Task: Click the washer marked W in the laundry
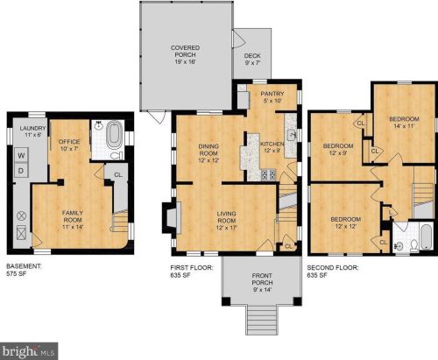(x=21, y=155)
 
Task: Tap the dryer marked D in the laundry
(x=21, y=170)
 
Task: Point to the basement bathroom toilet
(x=116, y=155)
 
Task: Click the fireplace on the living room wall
(x=172, y=217)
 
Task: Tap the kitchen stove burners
(x=268, y=174)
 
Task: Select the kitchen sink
(x=292, y=135)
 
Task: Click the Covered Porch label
(x=185, y=54)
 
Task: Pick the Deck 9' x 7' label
(x=252, y=59)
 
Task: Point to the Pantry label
(x=272, y=97)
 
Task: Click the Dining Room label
(x=208, y=153)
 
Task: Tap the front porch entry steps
(x=261, y=320)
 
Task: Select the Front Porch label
(x=262, y=282)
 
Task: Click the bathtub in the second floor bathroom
(x=426, y=236)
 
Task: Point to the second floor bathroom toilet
(x=413, y=246)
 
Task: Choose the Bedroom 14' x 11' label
(x=404, y=123)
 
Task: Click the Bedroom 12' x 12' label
(x=346, y=222)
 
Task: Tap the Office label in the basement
(x=69, y=145)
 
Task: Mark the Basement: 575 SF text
(x=24, y=270)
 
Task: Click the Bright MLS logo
(x=29, y=351)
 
